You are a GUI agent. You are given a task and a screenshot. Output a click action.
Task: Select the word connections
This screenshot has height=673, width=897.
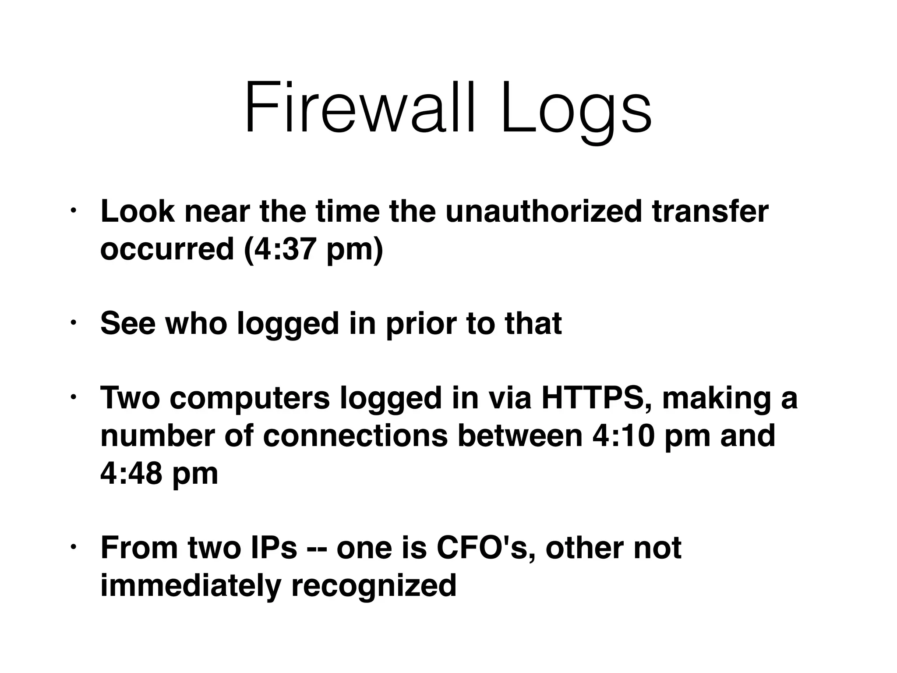click(x=356, y=436)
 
